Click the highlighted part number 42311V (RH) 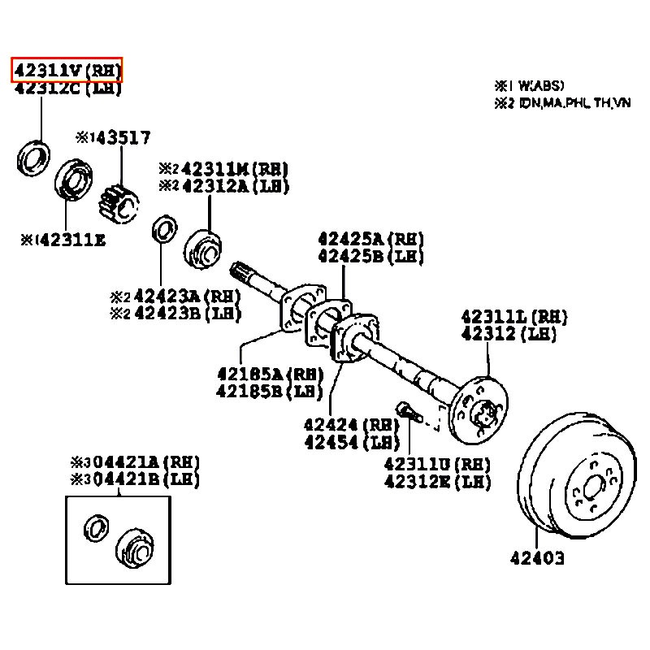coord(66,71)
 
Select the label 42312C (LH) coord(66,89)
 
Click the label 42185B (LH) coord(270,392)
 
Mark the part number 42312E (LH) coord(438,483)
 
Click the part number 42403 coord(537,558)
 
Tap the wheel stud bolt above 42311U coord(404,409)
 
